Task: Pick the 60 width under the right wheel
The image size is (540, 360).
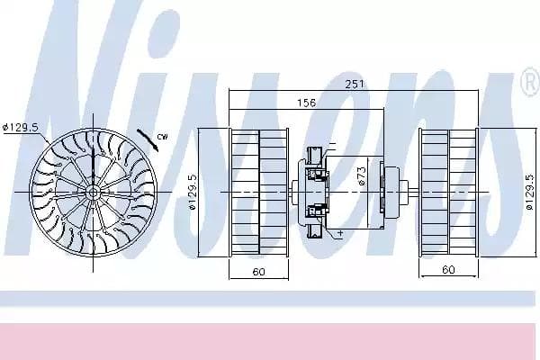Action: click(x=447, y=268)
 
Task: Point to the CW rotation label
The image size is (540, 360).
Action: click(x=162, y=137)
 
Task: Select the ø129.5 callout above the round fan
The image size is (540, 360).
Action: click(x=20, y=127)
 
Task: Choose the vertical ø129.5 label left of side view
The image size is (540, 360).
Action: click(x=192, y=191)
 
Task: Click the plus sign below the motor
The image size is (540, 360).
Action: click(x=341, y=233)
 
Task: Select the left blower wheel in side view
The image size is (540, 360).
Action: click(x=258, y=192)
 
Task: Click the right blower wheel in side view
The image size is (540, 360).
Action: click(x=448, y=192)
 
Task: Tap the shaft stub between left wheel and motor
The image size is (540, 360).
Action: click(x=294, y=192)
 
